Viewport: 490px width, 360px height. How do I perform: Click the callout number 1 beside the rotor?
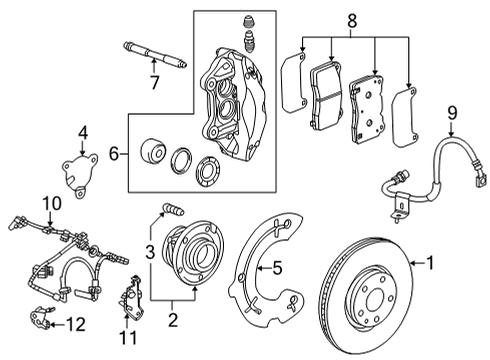[431, 264]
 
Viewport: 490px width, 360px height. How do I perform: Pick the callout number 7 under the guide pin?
[154, 84]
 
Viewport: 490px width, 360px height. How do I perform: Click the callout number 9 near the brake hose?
[451, 113]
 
